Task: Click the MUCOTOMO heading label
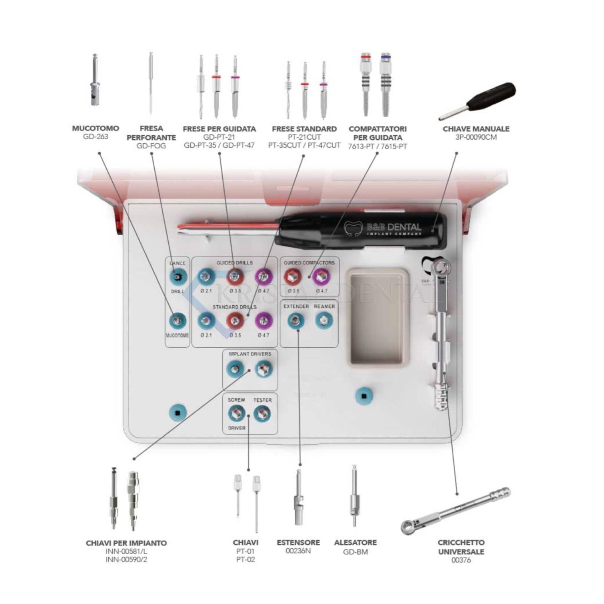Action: tap(96, 128)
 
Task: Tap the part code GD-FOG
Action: tap(151, 146)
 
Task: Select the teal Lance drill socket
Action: tap(178, 277)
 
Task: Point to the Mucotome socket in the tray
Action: tap(178, 321)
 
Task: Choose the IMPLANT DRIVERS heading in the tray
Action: tap(250, 354)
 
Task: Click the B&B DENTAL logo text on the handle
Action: tap(393, 227)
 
